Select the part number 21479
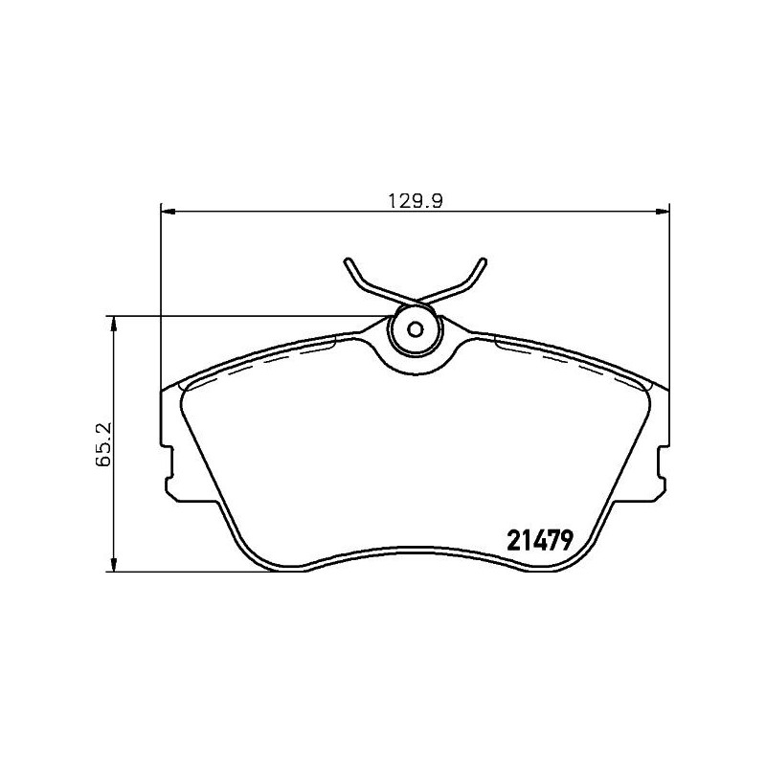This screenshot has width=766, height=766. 538,540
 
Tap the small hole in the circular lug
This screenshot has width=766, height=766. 415,330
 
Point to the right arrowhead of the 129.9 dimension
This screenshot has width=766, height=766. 662,211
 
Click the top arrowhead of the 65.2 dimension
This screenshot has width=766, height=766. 115,324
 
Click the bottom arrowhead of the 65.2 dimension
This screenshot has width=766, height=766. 115,567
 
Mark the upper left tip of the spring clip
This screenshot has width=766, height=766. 346,261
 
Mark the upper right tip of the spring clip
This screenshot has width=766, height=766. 484,260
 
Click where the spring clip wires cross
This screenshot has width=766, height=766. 415,299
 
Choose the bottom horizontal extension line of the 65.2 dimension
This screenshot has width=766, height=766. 191,573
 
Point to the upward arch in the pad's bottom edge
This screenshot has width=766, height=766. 415,553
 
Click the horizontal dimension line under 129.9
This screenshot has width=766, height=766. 287,211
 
